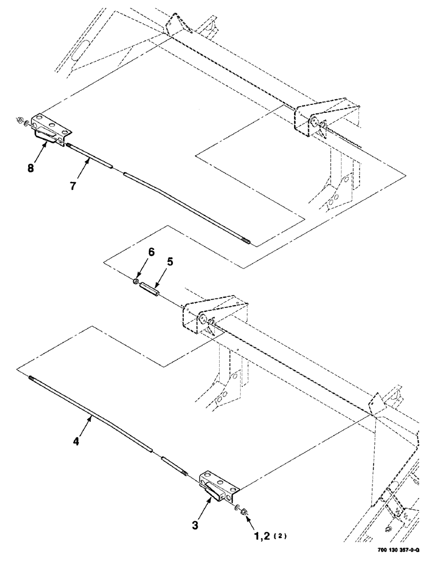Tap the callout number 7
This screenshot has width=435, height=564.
pos(74,185)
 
